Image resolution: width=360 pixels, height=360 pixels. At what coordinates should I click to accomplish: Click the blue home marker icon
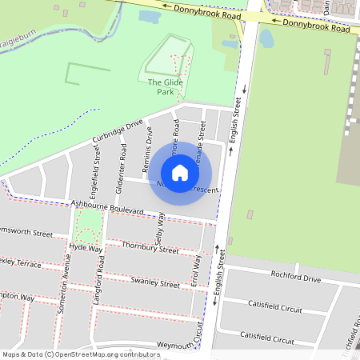(x=180, y=173)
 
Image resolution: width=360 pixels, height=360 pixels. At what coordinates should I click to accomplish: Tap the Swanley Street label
(x=155, y=283)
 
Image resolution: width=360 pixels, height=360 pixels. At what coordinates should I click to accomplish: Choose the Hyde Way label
(x=86, y=248)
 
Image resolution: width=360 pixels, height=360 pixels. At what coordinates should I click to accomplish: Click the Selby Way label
(x=160, y=226)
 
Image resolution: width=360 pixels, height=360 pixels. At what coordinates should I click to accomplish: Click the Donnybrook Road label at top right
(x=317, y=26)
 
